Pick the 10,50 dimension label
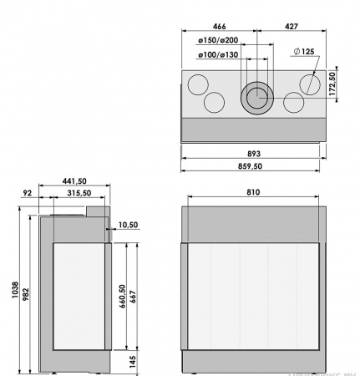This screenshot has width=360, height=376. [128, 225]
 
